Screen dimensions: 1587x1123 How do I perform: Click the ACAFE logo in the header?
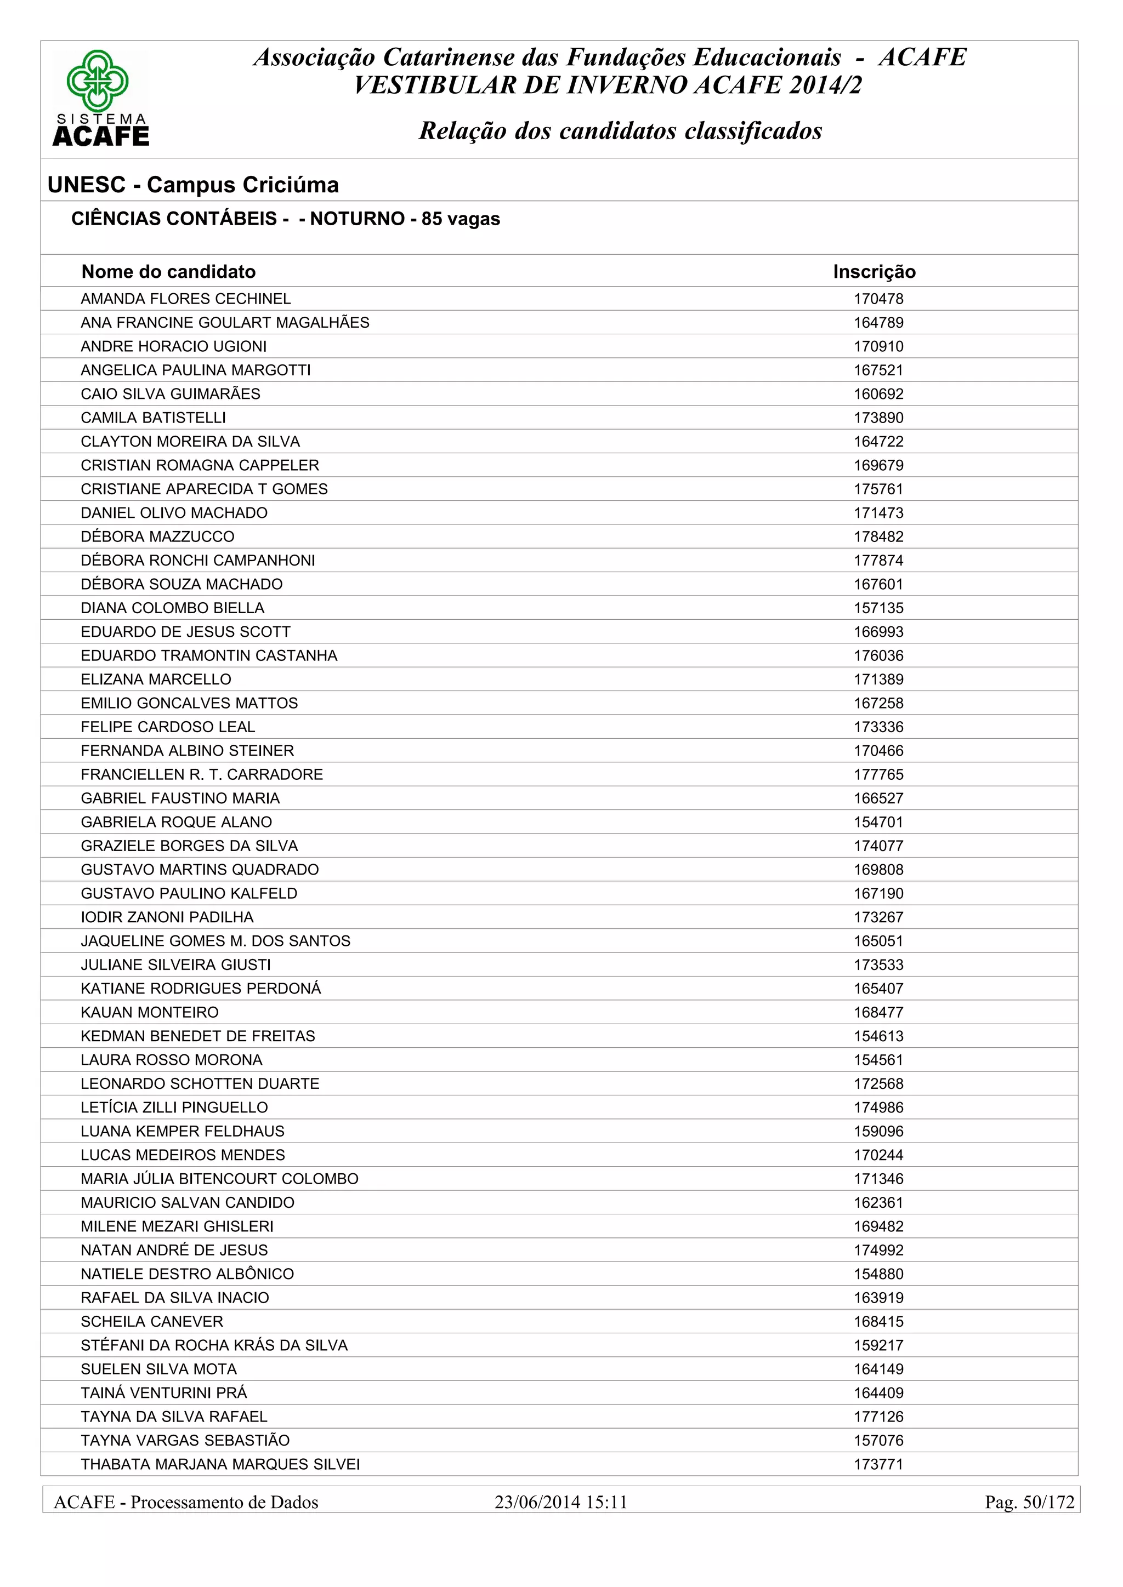[100, 98]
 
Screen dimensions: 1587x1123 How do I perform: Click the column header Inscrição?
[874, 272]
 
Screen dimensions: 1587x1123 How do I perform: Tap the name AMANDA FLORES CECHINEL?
[185, 299]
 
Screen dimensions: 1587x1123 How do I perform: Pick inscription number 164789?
[878, 323]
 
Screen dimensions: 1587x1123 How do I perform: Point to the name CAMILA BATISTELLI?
[153, 418]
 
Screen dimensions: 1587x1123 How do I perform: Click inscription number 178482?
[878, 536]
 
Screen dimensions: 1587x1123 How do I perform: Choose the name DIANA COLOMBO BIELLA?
[172, 608]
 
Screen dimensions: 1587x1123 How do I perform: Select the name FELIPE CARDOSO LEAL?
[167, 727]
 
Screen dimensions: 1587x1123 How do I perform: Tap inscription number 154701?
[878, 822]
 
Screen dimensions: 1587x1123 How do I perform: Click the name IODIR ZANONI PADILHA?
[167, 917]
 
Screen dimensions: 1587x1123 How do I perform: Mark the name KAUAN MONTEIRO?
[149, 1012]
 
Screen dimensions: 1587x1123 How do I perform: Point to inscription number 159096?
[878, 1131]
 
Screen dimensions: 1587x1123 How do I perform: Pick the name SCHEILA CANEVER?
[151, 1321]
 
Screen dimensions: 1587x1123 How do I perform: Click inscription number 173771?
[878, 1464]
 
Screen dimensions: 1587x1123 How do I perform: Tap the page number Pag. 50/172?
[1029, 1502]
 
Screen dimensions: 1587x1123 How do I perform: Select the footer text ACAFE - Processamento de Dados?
[186, 1502]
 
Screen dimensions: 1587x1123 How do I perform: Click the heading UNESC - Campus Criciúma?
[193, 185]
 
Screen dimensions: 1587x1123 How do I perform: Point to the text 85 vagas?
[461, 219]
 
